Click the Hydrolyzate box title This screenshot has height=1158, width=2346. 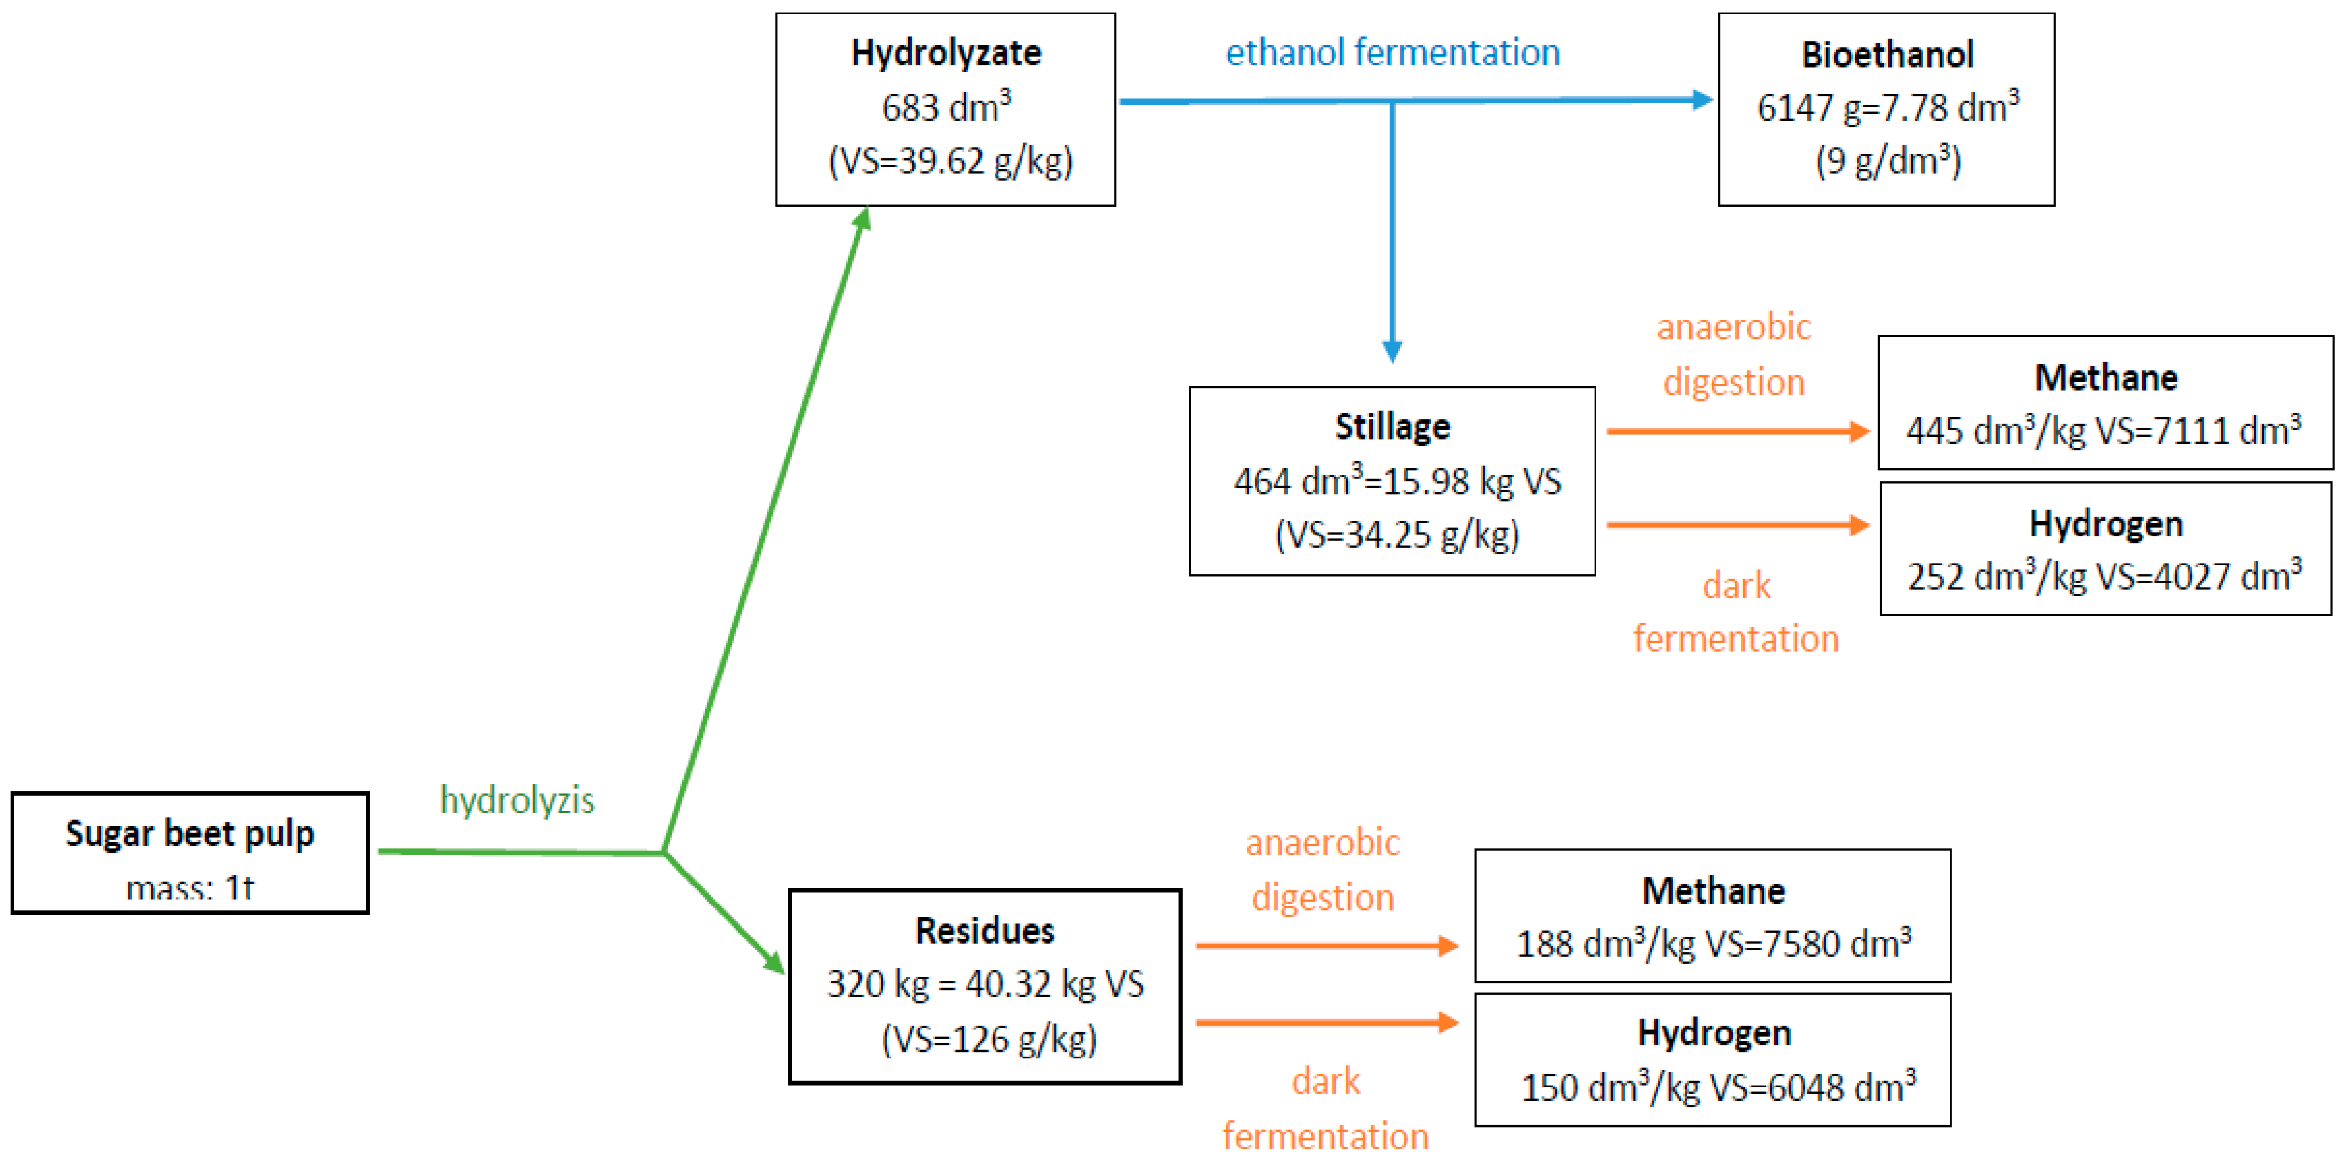(945, 53)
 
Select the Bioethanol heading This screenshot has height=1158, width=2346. (1887, 55)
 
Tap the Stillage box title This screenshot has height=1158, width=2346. (1392, 426)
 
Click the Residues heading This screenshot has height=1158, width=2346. (985, 930)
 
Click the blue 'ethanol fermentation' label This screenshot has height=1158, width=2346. (1392, 53)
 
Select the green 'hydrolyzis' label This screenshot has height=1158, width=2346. (516, 800)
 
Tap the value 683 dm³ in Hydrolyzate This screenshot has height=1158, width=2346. (945, 107)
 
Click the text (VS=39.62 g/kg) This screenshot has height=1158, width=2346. (950, 161)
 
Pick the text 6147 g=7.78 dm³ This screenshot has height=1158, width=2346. (1887, 107)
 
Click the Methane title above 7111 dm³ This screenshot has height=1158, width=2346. (2106, 377)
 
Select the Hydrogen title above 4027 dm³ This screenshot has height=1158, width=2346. (2106, 524)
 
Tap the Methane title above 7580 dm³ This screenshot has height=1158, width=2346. (1713, 890)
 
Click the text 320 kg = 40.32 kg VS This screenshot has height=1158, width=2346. (985, 984)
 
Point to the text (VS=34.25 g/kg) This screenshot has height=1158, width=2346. (1396, 535)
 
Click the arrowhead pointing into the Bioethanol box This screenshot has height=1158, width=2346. (1701, 100)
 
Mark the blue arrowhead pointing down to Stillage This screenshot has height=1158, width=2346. (1392, 351)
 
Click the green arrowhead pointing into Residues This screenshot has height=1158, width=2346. (774, 963)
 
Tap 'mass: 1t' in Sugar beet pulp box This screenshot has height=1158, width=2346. (190, 887)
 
